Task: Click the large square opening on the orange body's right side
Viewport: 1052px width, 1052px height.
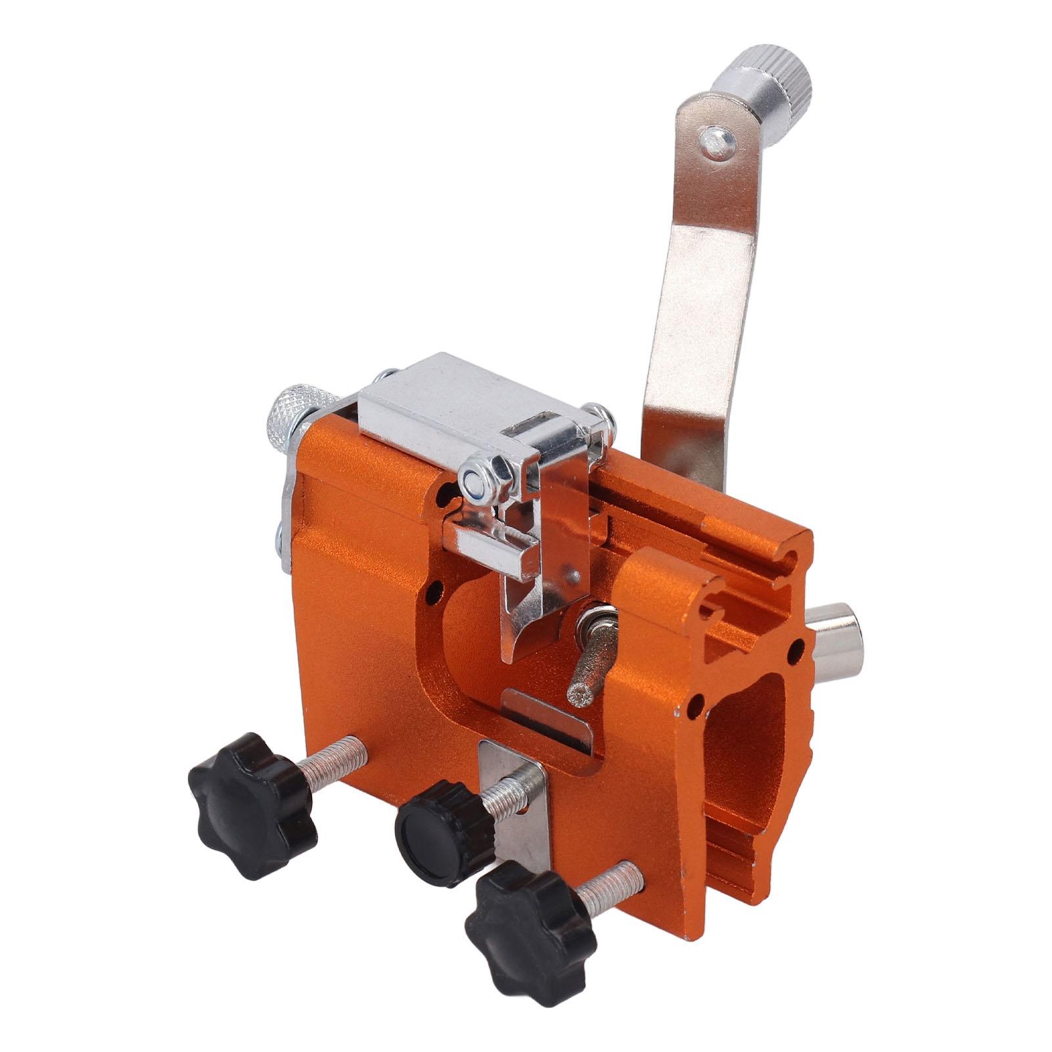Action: click(743, 736)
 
